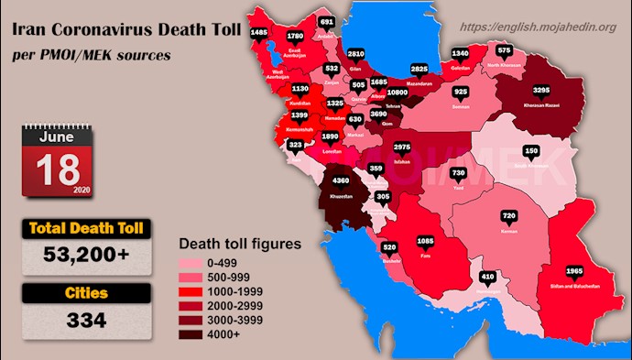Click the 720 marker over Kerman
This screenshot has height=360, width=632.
[x=509, y=216]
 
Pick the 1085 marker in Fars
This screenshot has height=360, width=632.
[x=426, y=242]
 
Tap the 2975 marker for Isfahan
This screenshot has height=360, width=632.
[x=401, y=147]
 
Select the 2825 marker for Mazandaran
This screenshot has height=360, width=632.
[x=420, y=68]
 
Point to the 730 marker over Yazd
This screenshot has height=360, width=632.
[x=459, y=173]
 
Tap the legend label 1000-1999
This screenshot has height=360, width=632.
[x=235, y=290]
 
